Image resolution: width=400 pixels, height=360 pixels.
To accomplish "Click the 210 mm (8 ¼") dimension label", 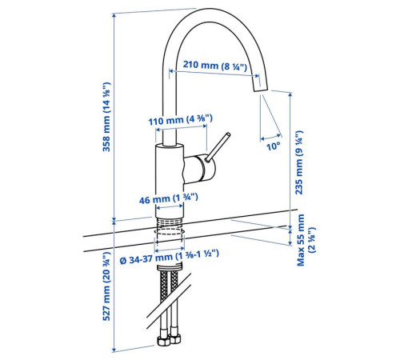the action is tap(215, 66).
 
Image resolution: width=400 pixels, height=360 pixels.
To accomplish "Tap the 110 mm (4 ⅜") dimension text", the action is tap(181, 120).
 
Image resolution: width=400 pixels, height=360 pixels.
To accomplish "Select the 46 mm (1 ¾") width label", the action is tap(169, 198).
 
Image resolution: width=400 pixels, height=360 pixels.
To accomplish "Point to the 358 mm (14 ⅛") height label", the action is tap(106, 117).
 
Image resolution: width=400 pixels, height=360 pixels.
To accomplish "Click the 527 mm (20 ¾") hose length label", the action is tap(106, 286).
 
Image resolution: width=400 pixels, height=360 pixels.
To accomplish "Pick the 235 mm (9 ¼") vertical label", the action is tap(299, 162).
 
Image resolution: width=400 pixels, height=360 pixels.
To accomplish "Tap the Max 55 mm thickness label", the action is tap(306, 240).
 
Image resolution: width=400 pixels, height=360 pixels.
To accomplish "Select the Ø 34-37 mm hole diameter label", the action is tap(170, 257).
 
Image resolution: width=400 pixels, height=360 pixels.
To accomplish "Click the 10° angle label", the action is tap(274, 146).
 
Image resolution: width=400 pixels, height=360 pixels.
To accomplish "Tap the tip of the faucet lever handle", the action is tap(228, 134).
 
